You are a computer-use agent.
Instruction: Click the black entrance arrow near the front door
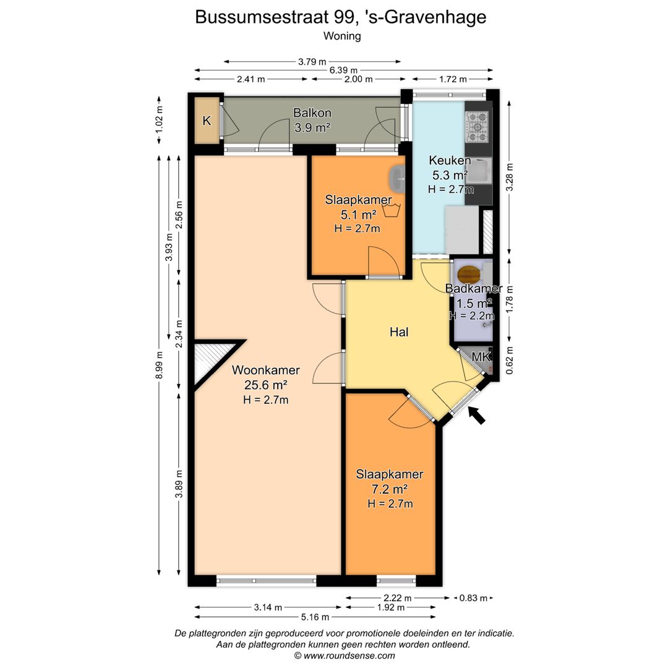(477, 416)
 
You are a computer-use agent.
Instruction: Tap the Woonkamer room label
(265, 370)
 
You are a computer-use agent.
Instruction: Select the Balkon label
(312, 113)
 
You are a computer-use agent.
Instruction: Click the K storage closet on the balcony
(207, 121)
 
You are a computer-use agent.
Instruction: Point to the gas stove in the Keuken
(477, 127)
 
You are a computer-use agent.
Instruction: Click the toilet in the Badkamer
(468, 275)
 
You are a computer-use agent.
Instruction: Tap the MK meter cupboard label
(481, 357)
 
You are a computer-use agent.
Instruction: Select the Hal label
(399, 332)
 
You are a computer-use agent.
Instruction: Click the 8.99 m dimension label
(160, 365)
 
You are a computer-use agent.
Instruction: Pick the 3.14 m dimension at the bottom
(268, 607)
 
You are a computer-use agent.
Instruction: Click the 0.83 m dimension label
(473, 598)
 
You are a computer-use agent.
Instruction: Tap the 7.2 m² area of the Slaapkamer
(390, 489)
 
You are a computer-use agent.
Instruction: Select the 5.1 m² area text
(358, 214)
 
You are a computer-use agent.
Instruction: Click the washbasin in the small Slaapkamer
(397, 179)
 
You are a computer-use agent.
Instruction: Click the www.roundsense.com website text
(349, 656)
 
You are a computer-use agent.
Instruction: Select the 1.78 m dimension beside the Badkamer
(510, 299)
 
